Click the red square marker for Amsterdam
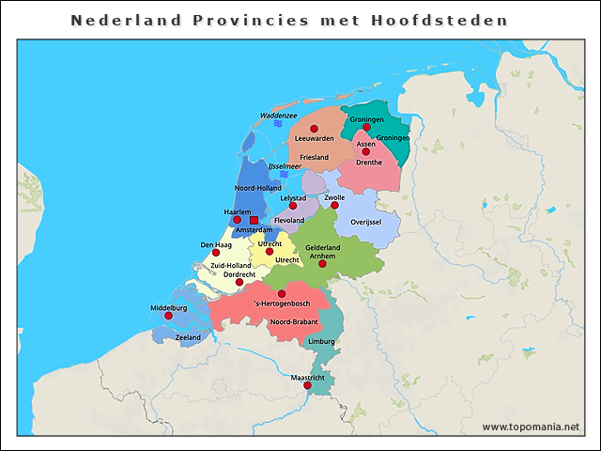click(254, 221)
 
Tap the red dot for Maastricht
click(307, 385)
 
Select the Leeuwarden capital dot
click(314, 129)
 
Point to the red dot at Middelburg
click(169, 316)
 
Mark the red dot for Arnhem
click(322, 264)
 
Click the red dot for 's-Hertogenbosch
click(282, 294)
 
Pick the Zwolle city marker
click(334, 206)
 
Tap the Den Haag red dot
click(216, 253)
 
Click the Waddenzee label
click(278, 116)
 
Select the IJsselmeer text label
click(285, 166)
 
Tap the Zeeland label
click(188, 336)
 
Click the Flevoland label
click(289, 221)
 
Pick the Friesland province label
click(314, 157)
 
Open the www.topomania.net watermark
click(531, 428)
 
